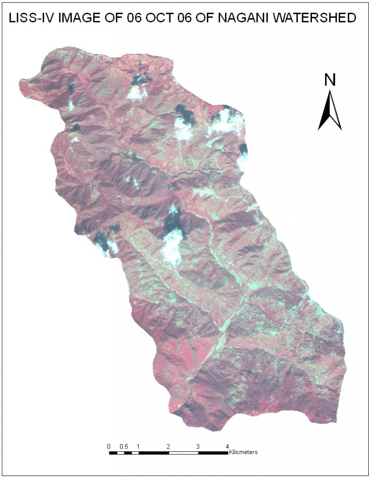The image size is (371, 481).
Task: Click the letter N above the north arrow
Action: point(330,80)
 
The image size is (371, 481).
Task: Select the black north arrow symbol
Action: point(330,110)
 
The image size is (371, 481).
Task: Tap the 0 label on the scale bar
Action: point(109,446)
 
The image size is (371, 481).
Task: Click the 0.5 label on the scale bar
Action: point(124,446)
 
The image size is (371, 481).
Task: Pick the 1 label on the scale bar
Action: point(138,446)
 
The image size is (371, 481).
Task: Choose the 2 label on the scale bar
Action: point(168,446)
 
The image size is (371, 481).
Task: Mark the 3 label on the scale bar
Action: point(198,446)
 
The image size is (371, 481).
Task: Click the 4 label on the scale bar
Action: point(227,446)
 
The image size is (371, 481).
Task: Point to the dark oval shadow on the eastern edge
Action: point(243,149)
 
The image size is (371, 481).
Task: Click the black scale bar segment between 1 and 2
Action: point(153,453)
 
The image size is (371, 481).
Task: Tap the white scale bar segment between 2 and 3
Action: point(183,453)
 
